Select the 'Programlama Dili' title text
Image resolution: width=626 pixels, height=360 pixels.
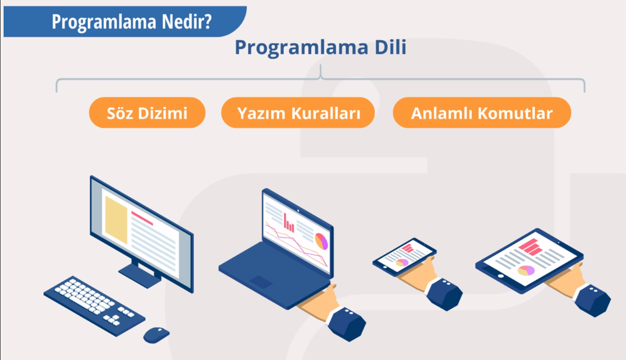point(320,47)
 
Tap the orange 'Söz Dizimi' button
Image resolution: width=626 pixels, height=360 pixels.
point(147,113)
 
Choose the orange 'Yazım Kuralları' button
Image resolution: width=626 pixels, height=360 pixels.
point(298,113)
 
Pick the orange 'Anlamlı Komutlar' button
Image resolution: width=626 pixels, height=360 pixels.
point(481,113)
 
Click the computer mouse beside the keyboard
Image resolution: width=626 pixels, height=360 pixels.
point(156,334)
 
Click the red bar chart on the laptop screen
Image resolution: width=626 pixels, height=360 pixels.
point(289,223)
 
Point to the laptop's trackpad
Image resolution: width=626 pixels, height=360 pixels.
point(261,282)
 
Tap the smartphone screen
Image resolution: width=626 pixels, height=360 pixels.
point(404,256)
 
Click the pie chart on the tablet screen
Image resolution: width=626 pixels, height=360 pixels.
point(526,270)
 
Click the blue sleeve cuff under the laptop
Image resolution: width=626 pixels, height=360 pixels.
point(346,323)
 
